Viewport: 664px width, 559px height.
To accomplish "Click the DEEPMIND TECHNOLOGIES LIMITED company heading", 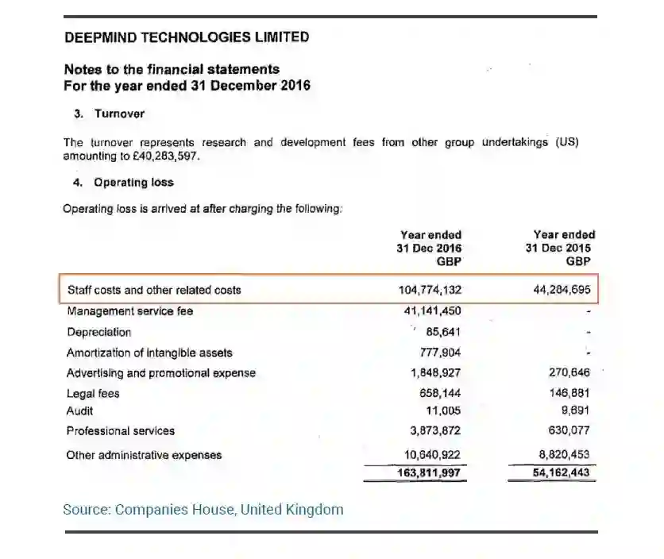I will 186,37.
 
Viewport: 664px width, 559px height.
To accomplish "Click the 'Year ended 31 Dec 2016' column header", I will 430,248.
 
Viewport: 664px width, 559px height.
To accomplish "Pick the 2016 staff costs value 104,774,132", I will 430,290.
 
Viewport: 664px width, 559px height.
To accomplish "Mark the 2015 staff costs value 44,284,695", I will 562,290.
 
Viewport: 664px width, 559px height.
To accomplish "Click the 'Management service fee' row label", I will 129,311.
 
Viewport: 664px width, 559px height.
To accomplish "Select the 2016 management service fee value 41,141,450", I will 433,311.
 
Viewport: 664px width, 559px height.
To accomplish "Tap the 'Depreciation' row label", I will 99,332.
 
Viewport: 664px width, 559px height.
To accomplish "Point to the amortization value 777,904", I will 440,353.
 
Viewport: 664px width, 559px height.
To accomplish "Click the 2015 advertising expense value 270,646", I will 569,372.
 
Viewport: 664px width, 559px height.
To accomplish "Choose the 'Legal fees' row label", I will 94,393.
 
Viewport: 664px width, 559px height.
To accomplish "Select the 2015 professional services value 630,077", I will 569,430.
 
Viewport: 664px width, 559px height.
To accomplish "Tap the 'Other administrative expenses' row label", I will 145,455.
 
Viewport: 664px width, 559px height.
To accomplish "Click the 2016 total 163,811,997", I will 430,473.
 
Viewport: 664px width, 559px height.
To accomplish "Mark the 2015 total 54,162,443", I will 562,473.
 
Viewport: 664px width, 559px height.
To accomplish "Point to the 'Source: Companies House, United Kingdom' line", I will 203,509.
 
